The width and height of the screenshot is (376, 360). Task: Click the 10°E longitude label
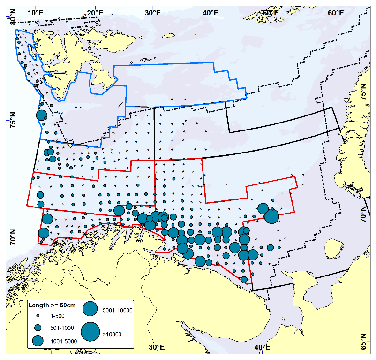[36, 11]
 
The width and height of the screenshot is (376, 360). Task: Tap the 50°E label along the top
[270, 11]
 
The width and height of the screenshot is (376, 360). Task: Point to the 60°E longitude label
[336, 11]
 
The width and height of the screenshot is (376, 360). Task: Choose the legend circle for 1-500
[38, 316]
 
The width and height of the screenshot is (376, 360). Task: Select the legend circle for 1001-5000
[38, 339]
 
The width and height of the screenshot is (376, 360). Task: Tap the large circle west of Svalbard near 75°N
[42, 115]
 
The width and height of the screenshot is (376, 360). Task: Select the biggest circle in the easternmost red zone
[271, 216]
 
